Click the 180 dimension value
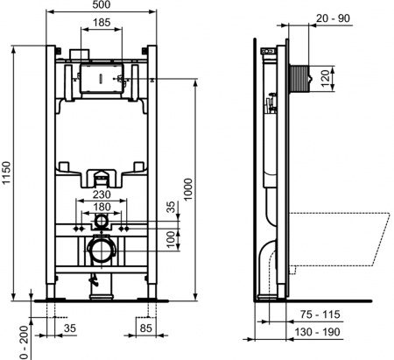tap(102, 208)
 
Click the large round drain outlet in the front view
tap(101, 252)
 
